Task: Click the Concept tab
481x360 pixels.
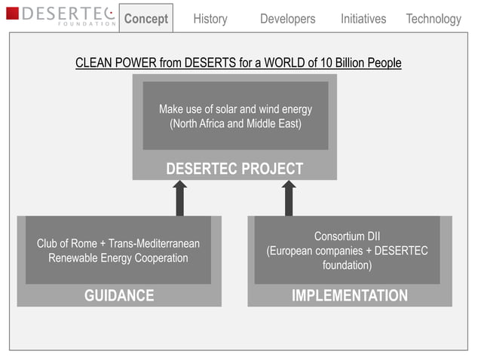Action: coord(146,19)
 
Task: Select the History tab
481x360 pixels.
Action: coord(210,19)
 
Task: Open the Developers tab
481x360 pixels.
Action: coord(287,19)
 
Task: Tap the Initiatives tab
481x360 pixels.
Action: coord(363,19)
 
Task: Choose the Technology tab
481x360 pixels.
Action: coord(433,19)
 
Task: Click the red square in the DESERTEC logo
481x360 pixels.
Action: coord(12,14)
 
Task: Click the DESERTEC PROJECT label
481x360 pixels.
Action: coord(234,169)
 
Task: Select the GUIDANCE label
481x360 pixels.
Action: coord(119,295)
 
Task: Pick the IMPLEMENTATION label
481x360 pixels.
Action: coord(350,295)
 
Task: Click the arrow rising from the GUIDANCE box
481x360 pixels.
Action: coord(180,198)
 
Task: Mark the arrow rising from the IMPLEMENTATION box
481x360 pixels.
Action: coord(289,198)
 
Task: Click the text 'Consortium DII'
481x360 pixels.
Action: coord(347,236)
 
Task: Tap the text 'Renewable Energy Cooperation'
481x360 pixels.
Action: coord(118,258)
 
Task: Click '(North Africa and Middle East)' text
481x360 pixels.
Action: coord(235,124)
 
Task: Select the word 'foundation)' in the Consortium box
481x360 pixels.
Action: coord(347,265)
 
